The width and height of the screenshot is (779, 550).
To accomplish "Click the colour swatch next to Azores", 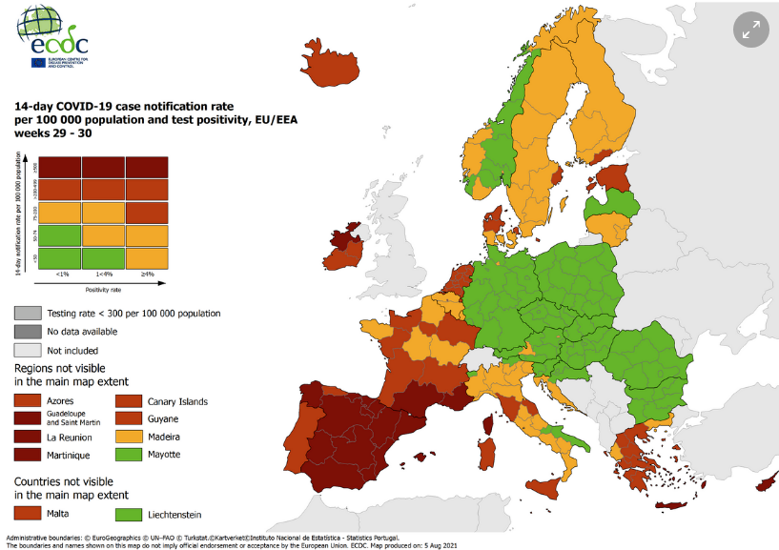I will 26,401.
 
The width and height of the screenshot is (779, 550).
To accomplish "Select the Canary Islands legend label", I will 176,401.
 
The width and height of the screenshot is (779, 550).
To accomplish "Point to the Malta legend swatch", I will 26,514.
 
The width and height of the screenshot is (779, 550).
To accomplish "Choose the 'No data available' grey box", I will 26,331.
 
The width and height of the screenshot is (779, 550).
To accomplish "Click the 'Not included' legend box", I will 26,349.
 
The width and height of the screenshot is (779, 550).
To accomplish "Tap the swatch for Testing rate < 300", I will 26,313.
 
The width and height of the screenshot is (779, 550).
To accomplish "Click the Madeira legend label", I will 165,437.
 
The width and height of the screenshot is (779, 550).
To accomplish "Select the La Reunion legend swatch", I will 26,437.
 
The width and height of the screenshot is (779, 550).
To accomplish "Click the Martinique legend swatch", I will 26,454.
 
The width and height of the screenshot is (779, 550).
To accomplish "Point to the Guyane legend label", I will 163,418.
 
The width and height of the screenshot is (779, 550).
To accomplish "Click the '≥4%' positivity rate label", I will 147,275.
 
